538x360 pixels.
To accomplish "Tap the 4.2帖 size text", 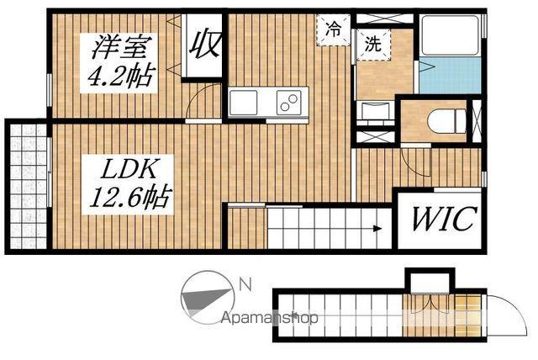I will point(120,77).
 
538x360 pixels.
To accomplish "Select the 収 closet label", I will point(203,43).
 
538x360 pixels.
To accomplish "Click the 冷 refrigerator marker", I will point(333,29).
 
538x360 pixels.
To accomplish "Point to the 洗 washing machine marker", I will point(371,45).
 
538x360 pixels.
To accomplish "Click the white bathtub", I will point(449,38).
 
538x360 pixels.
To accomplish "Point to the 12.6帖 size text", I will point(130,199).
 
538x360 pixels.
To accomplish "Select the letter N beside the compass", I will point(245,285).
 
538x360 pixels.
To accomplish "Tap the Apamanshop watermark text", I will point(270,319).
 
